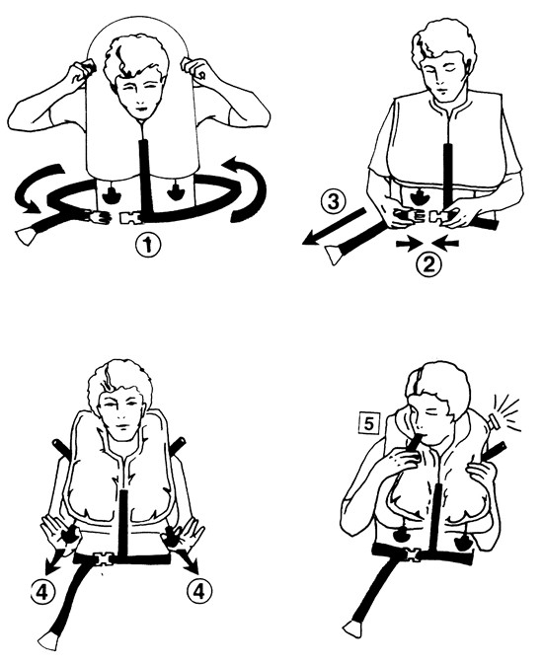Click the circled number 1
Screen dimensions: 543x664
coord(148,246)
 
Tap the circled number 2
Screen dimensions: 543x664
coord(428,264)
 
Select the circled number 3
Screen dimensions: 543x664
coord(334,202)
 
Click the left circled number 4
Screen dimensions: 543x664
coord(42,591)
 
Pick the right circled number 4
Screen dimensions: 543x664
coord(199,590)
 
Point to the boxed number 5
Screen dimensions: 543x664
coord(369,424)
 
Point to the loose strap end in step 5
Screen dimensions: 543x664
coord(352,627)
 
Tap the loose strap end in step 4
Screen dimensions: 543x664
coord(47,642)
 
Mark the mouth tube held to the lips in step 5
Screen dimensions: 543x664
coord(414,447)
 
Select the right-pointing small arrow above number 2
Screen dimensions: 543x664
coord(410,243)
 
